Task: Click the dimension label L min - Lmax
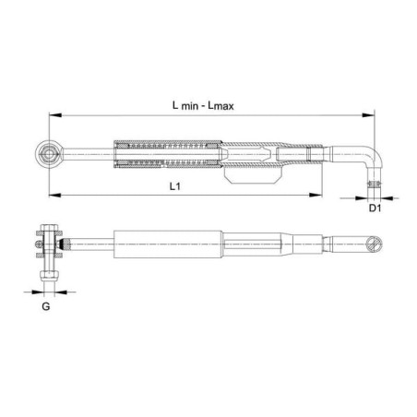[x=203, y=106]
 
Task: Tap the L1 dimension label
[x=175, y=186]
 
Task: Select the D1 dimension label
[x=375, y=208]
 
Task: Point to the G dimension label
[x=46, y=306]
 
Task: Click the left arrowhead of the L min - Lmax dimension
[x=55, y=115]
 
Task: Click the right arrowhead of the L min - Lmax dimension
[x=368, y=115]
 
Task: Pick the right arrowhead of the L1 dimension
[x=316, y=195]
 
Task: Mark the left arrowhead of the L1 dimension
[x=55, y=195]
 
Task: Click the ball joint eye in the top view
[x=49, y=153]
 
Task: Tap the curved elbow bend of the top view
[x=377, y=155]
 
